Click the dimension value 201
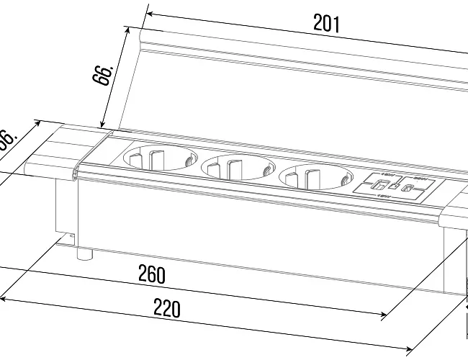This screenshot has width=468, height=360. tap(326, 23)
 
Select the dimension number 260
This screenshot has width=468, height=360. tap(151, 274)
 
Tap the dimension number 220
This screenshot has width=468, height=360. tap(166, 309)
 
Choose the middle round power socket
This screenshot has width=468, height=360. tap(236, 168)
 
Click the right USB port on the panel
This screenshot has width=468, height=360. tap(408, 189)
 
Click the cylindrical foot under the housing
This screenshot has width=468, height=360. tap(85, 253)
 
